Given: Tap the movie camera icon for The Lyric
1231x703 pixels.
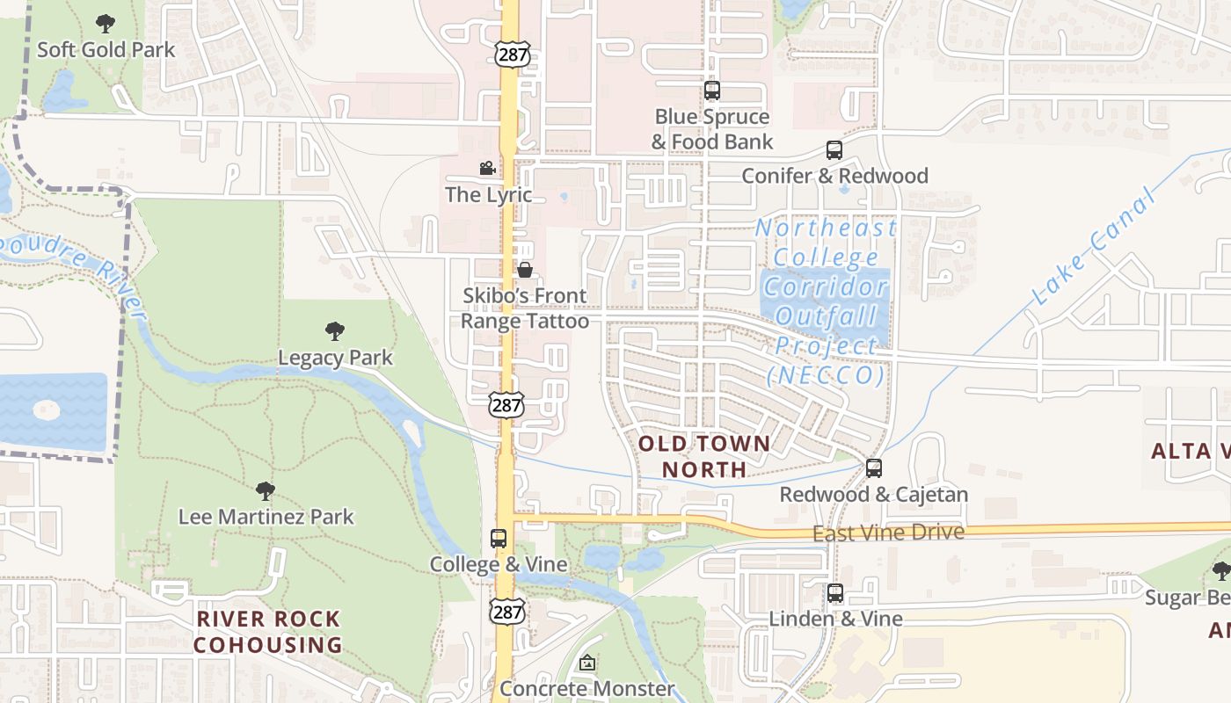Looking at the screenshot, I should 487,168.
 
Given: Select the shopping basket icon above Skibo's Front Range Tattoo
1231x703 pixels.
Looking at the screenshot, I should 525,270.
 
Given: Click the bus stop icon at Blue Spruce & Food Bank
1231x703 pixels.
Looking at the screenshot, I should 712,91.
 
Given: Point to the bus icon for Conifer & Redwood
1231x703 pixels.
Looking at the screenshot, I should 834,150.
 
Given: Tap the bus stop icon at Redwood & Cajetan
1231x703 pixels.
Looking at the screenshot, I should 873,468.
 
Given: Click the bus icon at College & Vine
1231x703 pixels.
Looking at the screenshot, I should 499,538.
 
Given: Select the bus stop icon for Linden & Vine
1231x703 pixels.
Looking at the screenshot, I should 835,593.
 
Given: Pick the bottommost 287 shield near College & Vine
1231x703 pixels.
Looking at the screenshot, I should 508,612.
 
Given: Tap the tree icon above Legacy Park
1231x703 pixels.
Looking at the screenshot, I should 334,331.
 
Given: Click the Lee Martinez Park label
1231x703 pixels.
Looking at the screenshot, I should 266,517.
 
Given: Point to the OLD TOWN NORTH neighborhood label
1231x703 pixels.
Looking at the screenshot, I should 704,456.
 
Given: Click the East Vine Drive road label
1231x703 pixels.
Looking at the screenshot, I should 887,533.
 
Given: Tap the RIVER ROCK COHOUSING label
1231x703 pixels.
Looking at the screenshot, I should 268,632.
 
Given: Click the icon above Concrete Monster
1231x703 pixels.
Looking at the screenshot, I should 587,663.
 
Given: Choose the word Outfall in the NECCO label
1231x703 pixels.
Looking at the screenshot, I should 827,315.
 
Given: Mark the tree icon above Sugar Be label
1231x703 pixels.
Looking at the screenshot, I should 1220,571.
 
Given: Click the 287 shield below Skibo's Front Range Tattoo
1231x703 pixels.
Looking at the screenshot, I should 507,405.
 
